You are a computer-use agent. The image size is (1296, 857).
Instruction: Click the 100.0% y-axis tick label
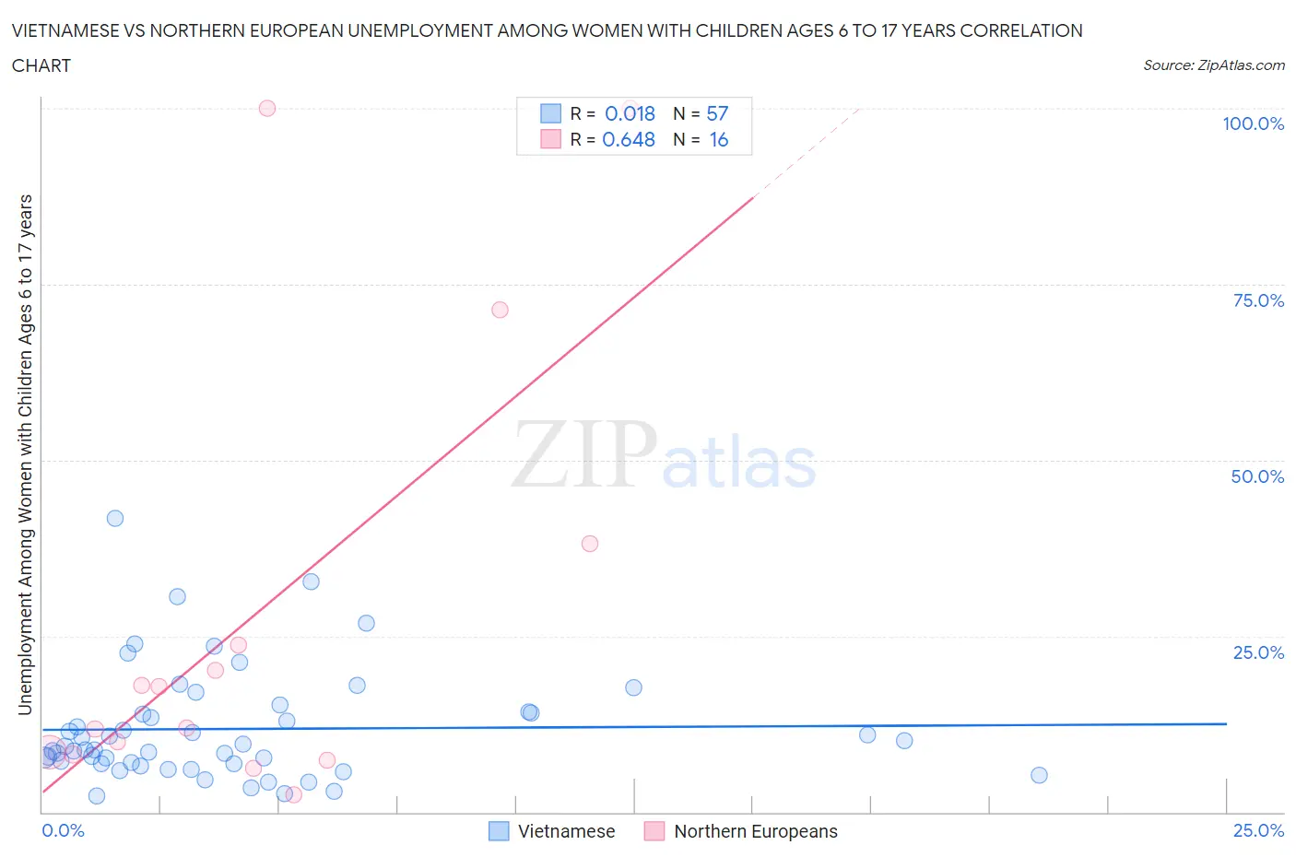[x=1253, y=123]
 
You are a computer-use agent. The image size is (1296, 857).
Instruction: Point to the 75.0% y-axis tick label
[x=1258, y=300]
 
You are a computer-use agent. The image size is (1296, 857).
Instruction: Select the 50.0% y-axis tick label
[x=1257, y=476]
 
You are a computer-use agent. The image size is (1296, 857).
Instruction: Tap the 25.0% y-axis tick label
[x=1258, y=652]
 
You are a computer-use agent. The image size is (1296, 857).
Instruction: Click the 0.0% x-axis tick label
[x=63, y=830]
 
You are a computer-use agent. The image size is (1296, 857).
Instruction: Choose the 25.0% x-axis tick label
[x=1258, y=830]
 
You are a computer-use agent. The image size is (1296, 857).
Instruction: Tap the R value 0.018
[x=630, y=113]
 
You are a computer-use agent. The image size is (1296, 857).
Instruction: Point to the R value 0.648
[x=629, y=139]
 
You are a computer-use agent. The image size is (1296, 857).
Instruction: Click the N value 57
[x=717, y=113]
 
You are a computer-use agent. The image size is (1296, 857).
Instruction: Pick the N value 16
[x=718, y=139]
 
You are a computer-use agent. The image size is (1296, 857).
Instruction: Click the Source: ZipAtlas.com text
[x=1213, y=65]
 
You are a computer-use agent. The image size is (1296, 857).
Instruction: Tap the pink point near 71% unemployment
[x=500, y=310]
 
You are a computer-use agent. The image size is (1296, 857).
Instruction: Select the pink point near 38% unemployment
[x=590, y=544]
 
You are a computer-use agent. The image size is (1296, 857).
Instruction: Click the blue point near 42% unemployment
[x=115, y=518]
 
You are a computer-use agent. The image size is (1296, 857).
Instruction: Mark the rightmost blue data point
[x=1039, y=775]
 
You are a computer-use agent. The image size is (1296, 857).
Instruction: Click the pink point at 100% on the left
[x=267, y=108]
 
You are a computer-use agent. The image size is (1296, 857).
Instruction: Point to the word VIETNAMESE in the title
[x=65, y=30]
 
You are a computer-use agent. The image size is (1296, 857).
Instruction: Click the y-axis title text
[x=25, y=455]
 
